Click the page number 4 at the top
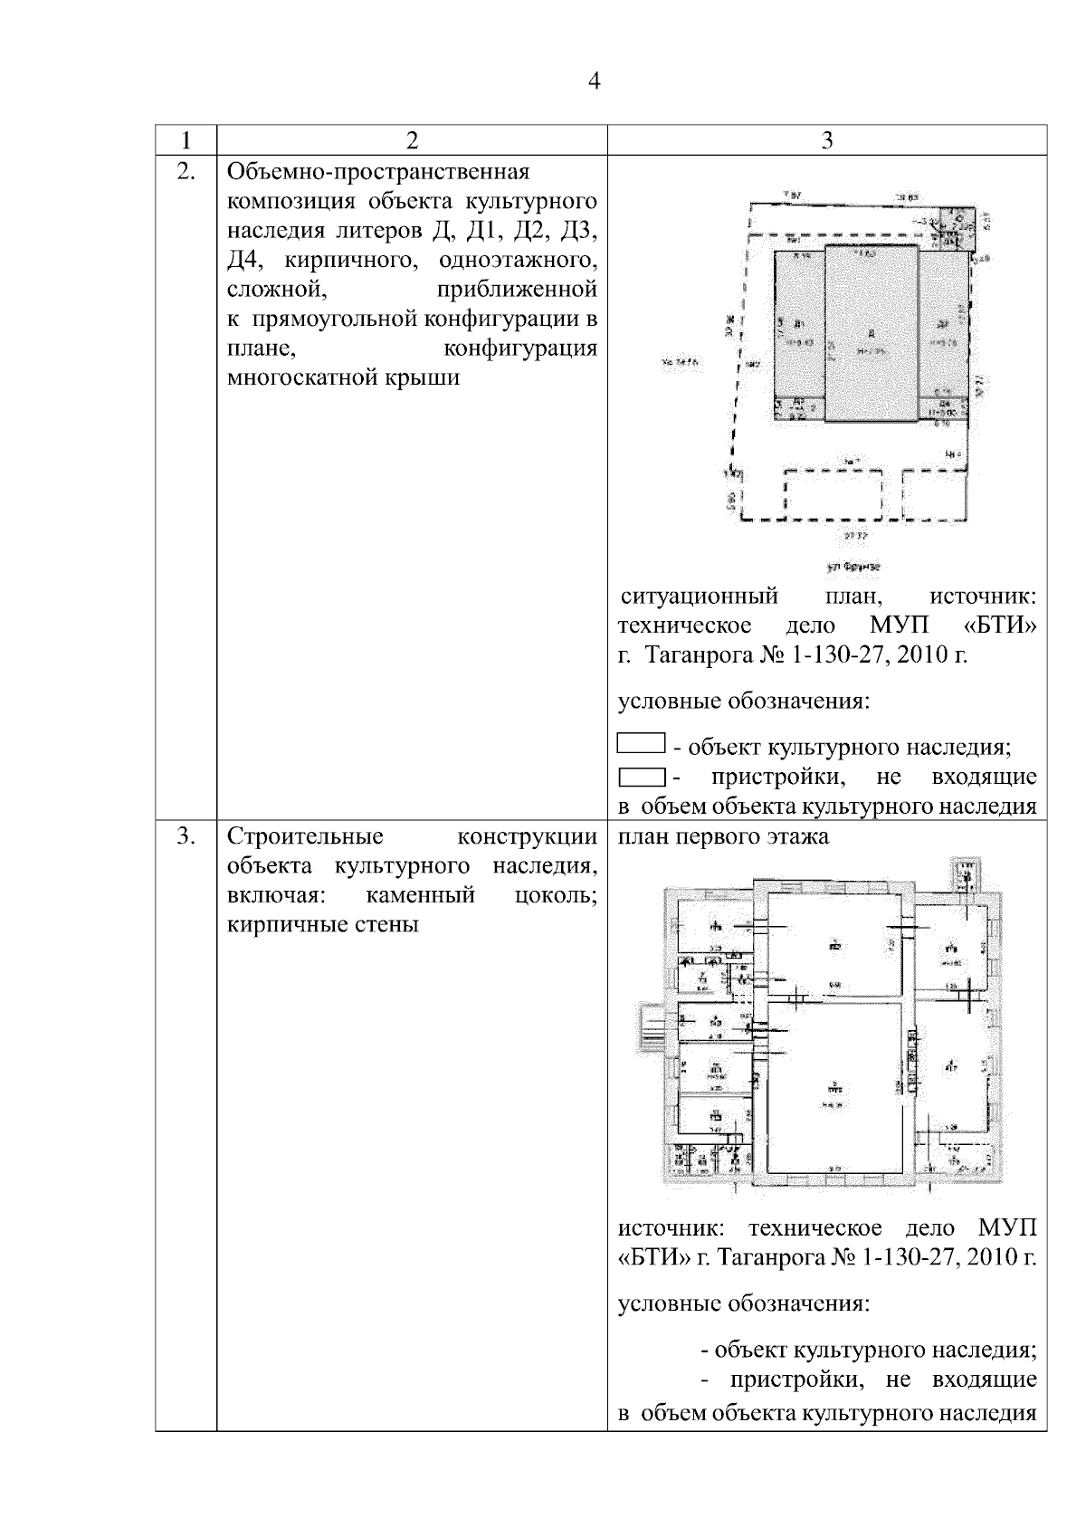594,81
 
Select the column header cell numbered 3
826,140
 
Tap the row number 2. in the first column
186,172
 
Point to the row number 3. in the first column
186,836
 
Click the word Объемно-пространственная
377,172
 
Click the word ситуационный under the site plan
700,597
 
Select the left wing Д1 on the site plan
799,326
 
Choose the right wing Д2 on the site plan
944,326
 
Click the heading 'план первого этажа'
723,836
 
